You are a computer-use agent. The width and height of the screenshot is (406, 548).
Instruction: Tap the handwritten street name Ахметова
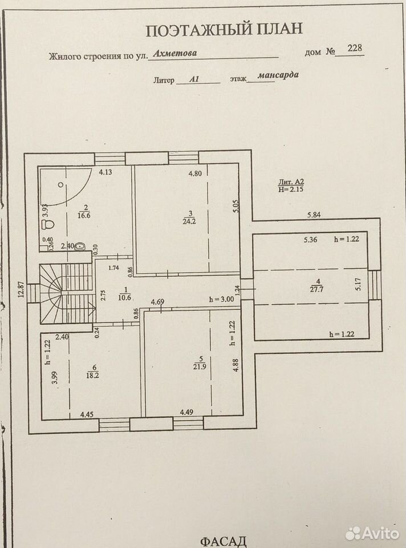[174, 53]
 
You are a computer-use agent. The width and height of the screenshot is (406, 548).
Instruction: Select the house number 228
[355, 47]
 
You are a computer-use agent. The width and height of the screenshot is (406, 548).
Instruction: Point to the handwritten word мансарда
[278, 75]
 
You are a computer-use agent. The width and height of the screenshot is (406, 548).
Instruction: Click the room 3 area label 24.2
[189, 220]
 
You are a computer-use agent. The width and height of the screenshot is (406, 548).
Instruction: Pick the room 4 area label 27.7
[316, 289]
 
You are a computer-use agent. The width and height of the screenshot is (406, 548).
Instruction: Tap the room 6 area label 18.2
[92, 375]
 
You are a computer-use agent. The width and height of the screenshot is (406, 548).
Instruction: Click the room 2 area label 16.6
[84, 215]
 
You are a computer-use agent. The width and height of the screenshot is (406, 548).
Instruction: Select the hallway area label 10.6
[125, 297]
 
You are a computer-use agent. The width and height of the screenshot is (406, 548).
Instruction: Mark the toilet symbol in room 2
[47, 223]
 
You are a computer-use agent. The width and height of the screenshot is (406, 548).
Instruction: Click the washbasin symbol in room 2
[80, 247]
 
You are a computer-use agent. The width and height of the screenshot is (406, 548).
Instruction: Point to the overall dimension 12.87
[21, 289]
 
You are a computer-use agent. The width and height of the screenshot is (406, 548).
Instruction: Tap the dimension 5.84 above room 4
[314, 215]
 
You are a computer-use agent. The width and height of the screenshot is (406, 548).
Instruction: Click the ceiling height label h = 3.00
[221, 299]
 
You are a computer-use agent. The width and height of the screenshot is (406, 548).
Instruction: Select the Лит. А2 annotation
[291, 182]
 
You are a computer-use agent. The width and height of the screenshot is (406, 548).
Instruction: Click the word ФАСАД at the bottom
[224, 541]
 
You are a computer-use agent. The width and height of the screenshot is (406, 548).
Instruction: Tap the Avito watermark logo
[372, 533]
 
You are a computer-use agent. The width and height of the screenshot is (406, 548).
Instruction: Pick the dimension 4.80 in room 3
[195, 173]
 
